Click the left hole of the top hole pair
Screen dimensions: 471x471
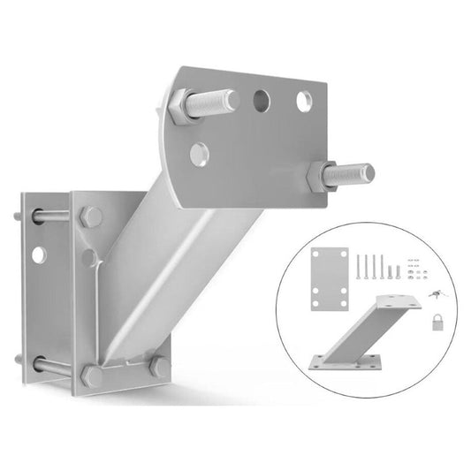coord(262,101)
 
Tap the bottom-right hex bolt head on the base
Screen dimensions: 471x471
coord(160,366)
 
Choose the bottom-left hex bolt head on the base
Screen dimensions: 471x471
coord(92,375)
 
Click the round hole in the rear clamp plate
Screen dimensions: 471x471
coord(38,254)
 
